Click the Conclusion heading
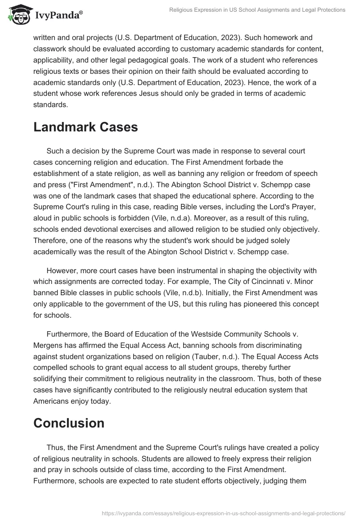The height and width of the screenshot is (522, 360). (x=69, y=423)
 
